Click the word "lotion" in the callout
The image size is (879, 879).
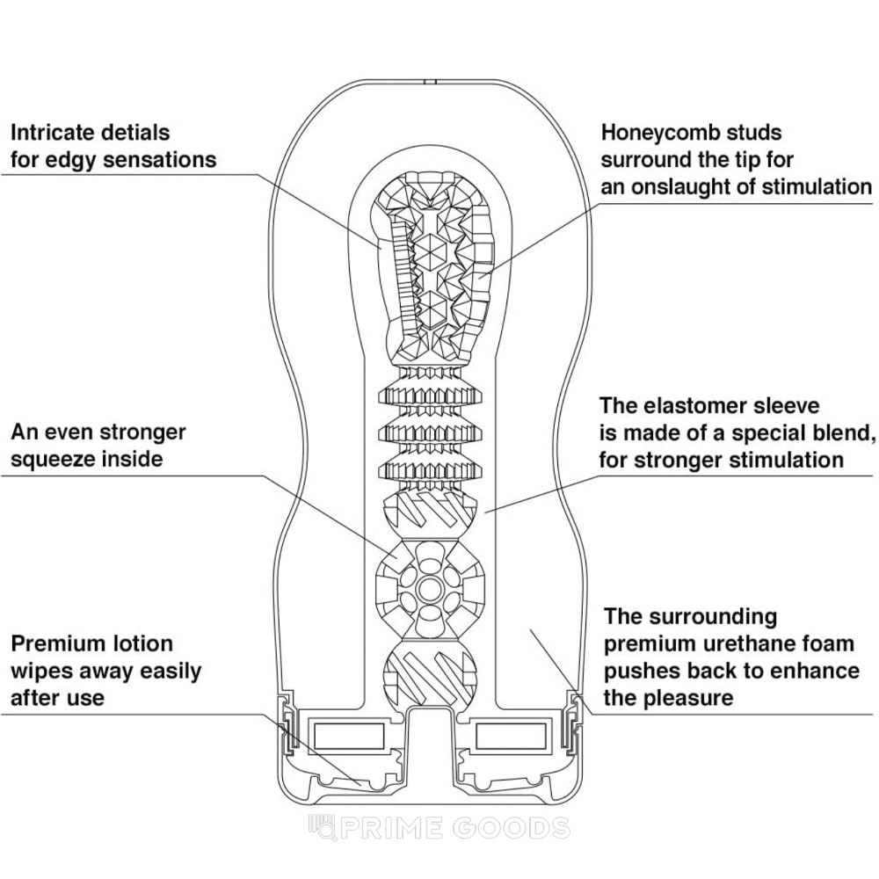coord(142,643)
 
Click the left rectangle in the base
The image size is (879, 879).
coord(348,735)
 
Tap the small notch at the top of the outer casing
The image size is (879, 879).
coord(431,82)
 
